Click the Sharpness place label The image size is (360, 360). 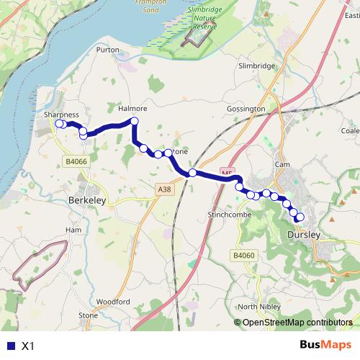pyautogui.click(x=60, y=114)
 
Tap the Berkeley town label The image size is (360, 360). pyautogui.click(x=87, y=202)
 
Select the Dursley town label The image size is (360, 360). pyautogui.click(x=302, y=235)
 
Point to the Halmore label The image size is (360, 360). pyautogui.click(x=132, y=109)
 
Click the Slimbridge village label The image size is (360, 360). pyautogui.click(x=257, y=66)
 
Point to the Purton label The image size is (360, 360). pyautogui.click(x=107, y=50)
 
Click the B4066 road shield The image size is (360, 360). pyautogui.click(x=75, y=162)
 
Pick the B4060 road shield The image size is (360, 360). pyautogui.click(x=244, y=255)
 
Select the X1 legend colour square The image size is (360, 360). pyautogui.click(x=9, y=346)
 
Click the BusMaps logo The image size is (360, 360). pyautogui.click(x=326, y=345)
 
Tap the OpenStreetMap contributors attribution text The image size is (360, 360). pyautogui.click(x=297, y=323)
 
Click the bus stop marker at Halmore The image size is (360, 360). pyautogui.click(x=133, y=121)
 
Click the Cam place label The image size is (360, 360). pyautogui.click(x=282, y=165)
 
